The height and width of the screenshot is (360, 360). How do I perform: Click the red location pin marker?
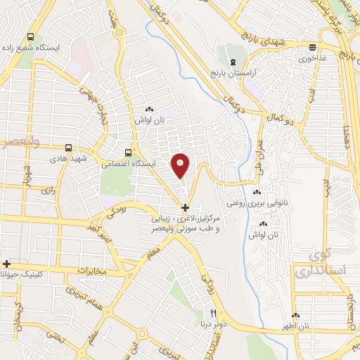[x=181, y=165]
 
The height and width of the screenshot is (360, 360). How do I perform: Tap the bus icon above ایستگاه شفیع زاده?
[x=30, y=37]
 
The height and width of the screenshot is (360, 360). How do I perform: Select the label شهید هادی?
[x=68, y=159]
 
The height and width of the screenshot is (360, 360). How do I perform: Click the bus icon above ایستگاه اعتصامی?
[x=127, y=152]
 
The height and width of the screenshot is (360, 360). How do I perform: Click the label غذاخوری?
[x=313, y=58]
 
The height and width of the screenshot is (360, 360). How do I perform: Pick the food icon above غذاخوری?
[x=313, y=48]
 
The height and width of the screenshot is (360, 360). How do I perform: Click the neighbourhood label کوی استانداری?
[x=319, y=264]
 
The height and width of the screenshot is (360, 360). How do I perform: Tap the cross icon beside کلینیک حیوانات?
[x=6, y=264]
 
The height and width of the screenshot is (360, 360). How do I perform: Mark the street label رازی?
[x=49, y=190]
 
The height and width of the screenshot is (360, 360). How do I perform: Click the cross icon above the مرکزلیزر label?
[x=185, y=207]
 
